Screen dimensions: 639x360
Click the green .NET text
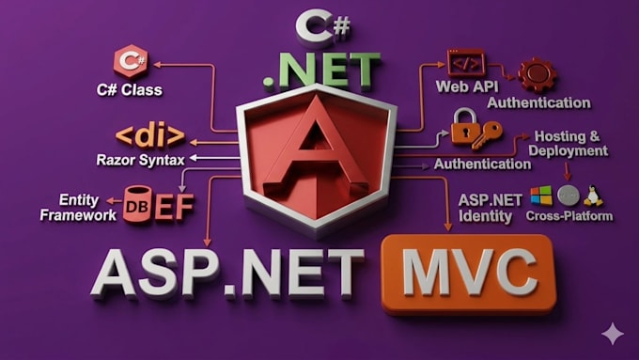click(x=322, y=70)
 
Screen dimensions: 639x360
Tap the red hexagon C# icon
click(x=131, y=61)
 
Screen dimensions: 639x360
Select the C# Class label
click(x=129, y=89)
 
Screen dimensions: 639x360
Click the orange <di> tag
click(x=150, y=136)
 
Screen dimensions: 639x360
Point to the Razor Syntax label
click(x=141, y=160)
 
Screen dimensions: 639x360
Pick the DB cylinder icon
click(x=137, y=204)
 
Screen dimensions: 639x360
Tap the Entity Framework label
click(x=78, y=207)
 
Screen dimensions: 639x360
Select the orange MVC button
click(x=469, y=274)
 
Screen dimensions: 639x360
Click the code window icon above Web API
click(x=466, y=63)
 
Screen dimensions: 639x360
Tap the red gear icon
click(x=538, y=75)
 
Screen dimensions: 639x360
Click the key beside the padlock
click(x=489, y=135)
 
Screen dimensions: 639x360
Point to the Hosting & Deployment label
click(x=569, y=144)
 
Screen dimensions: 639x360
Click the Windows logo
click(x=541, y=196)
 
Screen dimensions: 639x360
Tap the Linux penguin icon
click(x=593, y=196)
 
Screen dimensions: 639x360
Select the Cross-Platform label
click(x=569, y=215)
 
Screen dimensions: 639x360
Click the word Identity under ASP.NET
click(x=485, y=216)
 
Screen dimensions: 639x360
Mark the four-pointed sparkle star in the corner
click(x=613, y=334)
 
